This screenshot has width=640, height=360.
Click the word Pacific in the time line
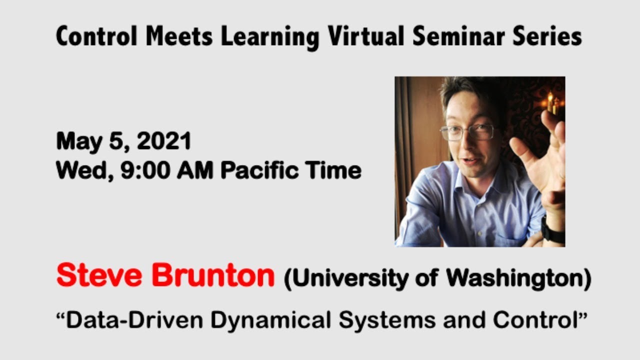click(x=256, y=171)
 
